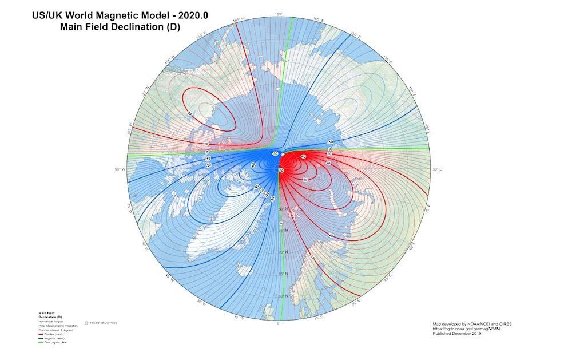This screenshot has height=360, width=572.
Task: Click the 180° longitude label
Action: tap(279, 14)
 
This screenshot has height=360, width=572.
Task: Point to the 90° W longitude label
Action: tap(120, 169)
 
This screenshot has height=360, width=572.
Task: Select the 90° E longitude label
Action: tap(438, 169)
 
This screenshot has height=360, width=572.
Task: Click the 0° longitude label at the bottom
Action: tap(279, 323)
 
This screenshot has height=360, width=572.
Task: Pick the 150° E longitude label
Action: tap(355, 35)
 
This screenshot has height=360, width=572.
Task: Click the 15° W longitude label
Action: tap(239, 318)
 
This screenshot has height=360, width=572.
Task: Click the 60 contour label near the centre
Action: tap(281, 171)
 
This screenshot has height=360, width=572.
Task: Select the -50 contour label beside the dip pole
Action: tap(275, 154)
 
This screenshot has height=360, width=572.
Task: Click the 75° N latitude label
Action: tap(281, 230)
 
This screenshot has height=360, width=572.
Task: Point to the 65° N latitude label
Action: tap(281, 274)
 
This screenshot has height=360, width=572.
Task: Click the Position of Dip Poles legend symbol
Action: tap(86, 323)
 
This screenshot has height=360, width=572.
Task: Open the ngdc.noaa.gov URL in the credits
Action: tap(459, 329)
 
